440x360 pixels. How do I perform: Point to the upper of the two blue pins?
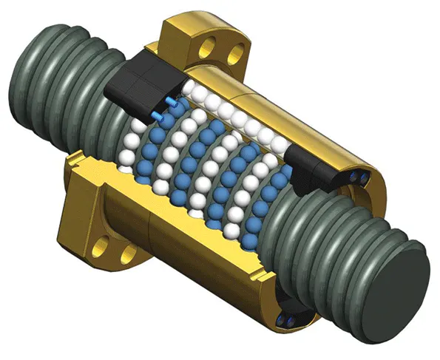pyautogui.click(x=171, y=101)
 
